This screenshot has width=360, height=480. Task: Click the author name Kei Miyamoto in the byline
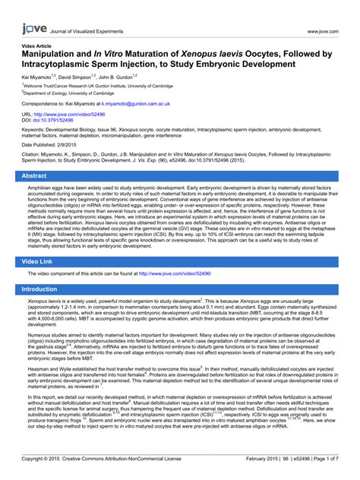pyautogui.click(x=40, y=77)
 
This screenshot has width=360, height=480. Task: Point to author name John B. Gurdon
pyautogui.click(x=120, y=77)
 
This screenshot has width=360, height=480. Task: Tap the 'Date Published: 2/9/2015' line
pyautogui.click(x=54, y=144)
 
